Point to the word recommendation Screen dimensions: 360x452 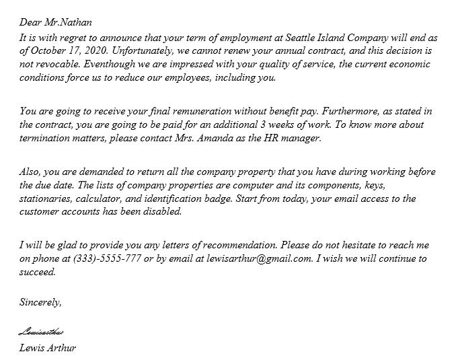click(x=238, y=245)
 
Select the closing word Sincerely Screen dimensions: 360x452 click(x=40, y=302)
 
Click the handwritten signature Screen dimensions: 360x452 click(x=42, y=332)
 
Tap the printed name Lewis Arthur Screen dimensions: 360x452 click(x=48, y=348)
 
